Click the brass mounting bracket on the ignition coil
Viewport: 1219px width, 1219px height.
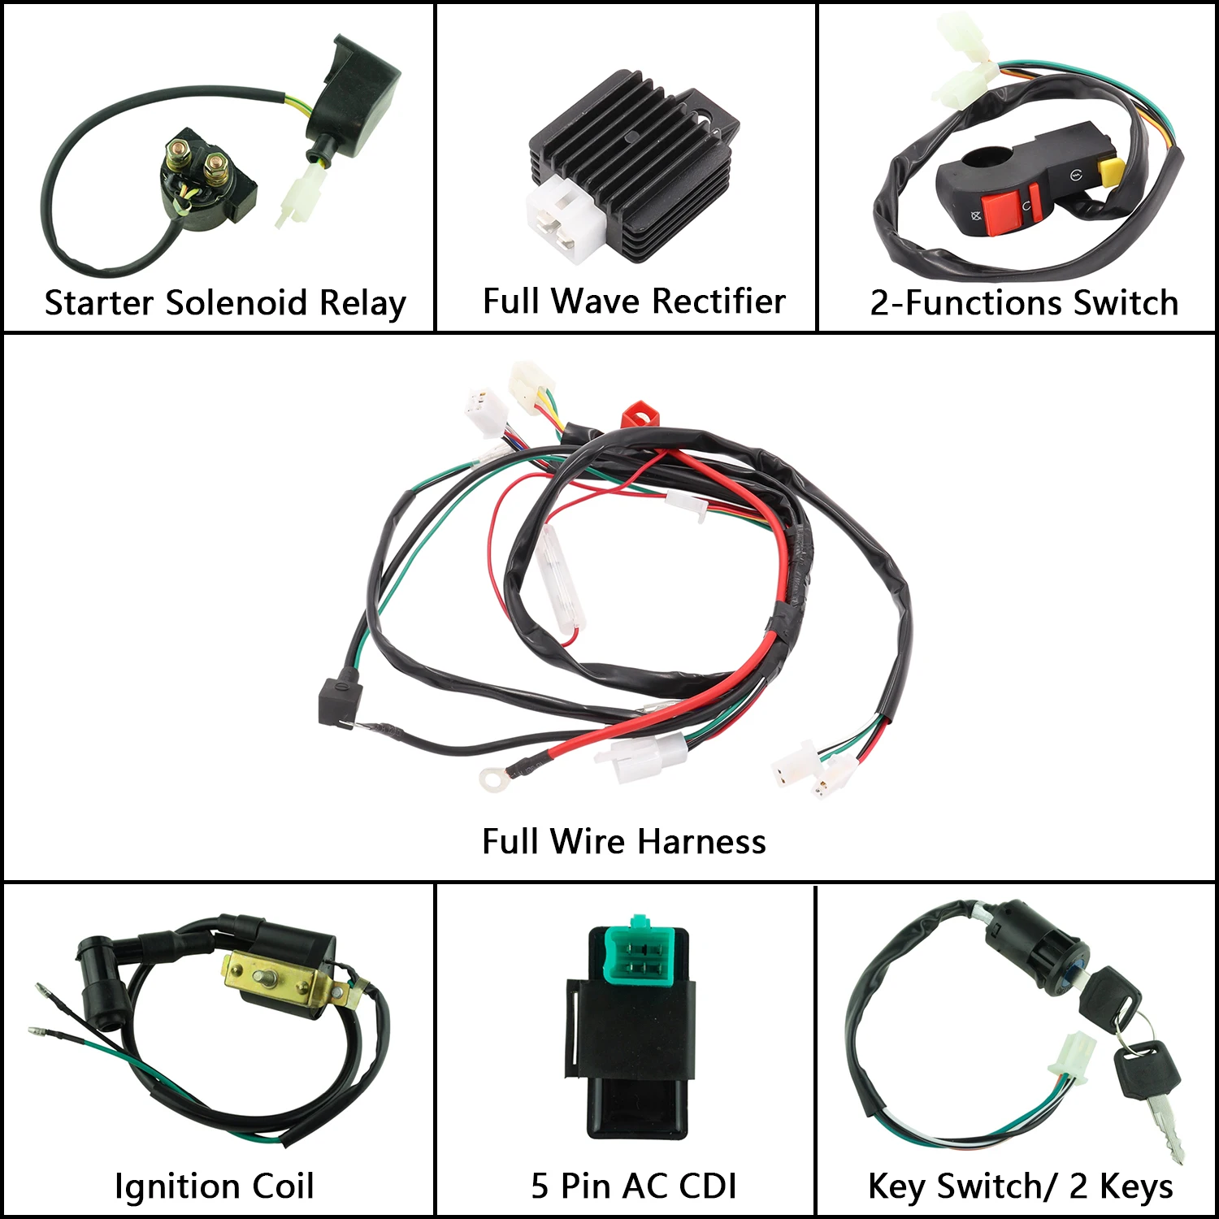(x=280, y=978)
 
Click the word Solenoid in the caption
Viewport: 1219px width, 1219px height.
(x=236, y=303)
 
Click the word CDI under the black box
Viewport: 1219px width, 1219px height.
(x=704, y=1186)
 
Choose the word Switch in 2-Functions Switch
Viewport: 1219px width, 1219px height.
(x=1126, y=303)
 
